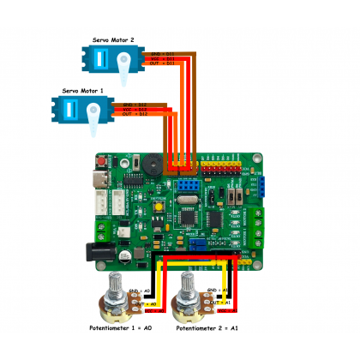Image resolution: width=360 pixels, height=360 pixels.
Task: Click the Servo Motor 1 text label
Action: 82,89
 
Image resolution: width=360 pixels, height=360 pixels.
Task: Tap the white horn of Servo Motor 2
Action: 125,64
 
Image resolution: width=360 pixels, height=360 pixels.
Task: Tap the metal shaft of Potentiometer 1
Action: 116,282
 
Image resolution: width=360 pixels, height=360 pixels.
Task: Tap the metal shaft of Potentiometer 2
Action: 188,282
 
